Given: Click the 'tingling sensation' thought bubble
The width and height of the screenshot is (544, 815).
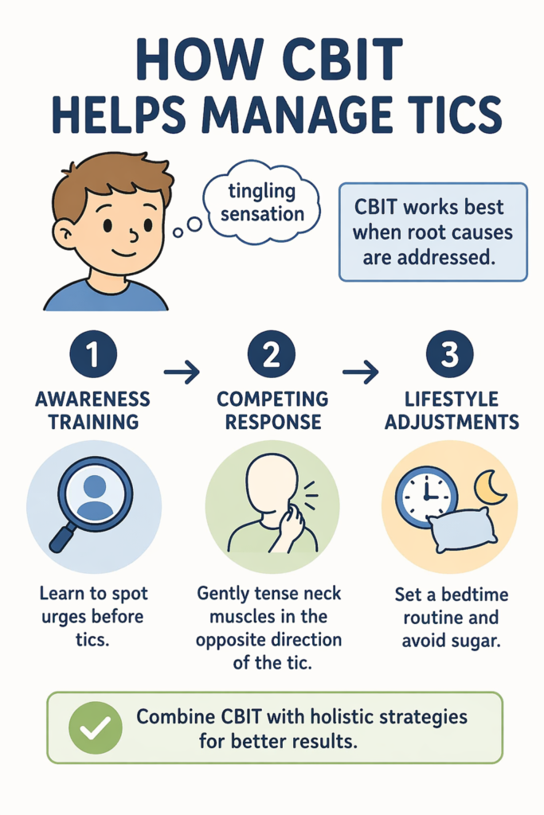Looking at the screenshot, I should click(x=262, y=203).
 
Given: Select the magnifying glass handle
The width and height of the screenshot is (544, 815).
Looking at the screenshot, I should click(x=63, y=538).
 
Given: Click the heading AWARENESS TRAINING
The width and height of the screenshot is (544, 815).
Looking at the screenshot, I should click(x=92, y=409).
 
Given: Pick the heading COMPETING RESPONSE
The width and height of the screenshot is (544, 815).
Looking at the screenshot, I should click(x=271, y=409).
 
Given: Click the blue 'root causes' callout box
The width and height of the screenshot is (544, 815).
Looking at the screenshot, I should click(x=432, y=232).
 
